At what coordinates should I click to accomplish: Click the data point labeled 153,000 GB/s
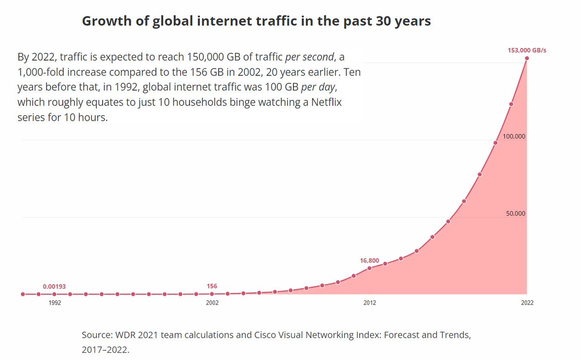tap(527, 58)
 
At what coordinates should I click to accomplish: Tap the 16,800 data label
tap(369, 261)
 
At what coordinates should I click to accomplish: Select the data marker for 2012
tap(369, 268)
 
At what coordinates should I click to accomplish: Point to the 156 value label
tap(212, 286)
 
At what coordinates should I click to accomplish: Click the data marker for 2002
tap(212, 294)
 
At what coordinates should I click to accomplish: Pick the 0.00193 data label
tap(54, 286)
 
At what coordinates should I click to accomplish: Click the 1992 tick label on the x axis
tap(54, 303)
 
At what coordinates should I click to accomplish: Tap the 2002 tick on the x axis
tap(212, 303)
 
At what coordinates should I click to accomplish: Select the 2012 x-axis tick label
tap(369, 303)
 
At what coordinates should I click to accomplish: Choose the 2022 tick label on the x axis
tap(527, 303)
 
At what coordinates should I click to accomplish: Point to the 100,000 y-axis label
tap(514, 136)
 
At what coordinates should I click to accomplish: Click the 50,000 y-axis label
tap(516, 214)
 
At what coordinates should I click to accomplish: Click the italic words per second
tap(309, 57)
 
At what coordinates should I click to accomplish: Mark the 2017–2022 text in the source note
tap(105, 349)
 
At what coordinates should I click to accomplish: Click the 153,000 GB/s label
tap(527, 50)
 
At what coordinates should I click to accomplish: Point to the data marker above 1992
tap(54, 294)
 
